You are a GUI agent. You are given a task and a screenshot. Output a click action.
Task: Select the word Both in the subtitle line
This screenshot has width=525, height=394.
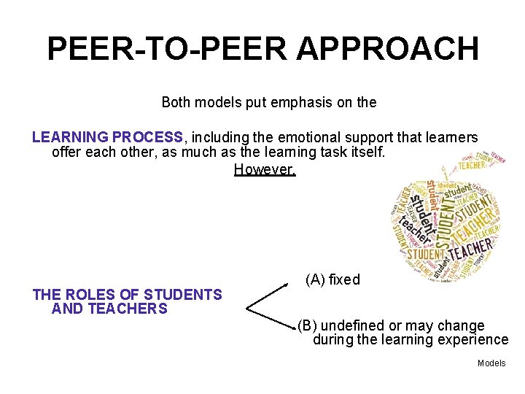pos(176,102)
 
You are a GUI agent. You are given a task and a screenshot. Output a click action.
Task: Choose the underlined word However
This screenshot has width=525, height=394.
pos(265,170)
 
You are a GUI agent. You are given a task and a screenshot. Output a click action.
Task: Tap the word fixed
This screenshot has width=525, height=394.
pos(344,279)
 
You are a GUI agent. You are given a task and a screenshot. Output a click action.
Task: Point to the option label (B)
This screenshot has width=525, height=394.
pos(307,325)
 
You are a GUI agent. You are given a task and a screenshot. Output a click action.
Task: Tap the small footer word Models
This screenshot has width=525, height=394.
pos(491,363)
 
